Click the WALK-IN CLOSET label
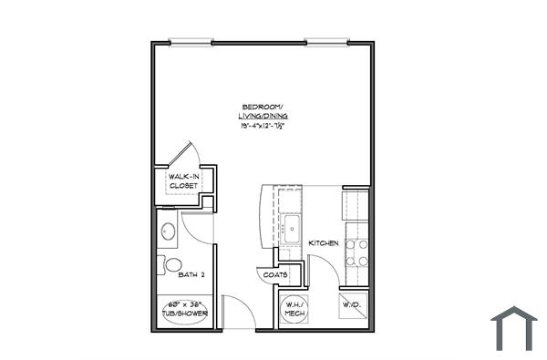(182, 180)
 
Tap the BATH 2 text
(191, 273)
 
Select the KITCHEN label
(324, 243)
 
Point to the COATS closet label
(275, 274)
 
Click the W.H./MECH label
(294, 309)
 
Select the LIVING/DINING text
(262, 117)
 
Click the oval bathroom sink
(168, 231)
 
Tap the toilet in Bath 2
(172, 265)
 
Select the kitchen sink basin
(292, 228)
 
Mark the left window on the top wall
(191, 41)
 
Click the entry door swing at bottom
(232, 310)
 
